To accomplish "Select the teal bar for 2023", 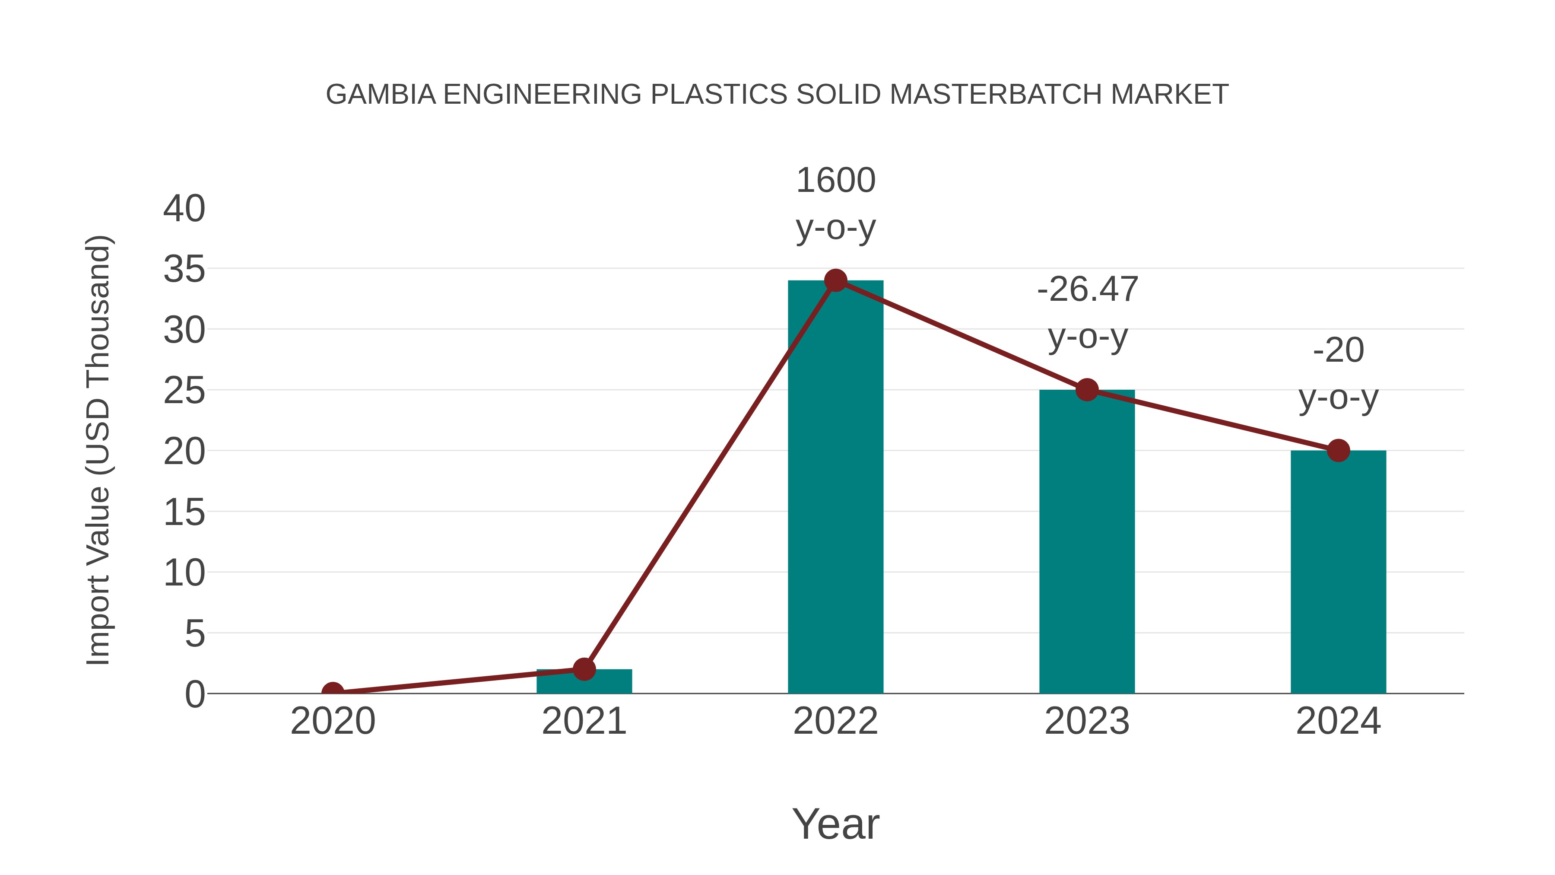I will point(1087,544).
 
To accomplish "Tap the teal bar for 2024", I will point(1338,574).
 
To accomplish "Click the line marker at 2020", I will point(333,692).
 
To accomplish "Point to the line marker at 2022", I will point(835,280).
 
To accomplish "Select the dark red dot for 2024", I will point(1338,451).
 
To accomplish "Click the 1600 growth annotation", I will point(835,181).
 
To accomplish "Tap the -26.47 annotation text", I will point(1087,290).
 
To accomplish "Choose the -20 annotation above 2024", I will point(1338,351).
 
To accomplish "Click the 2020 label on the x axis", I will point(333,722).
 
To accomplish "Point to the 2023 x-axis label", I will point(1087,722).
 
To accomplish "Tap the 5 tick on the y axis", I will point(194,634).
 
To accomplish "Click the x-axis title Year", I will point(835,824).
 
